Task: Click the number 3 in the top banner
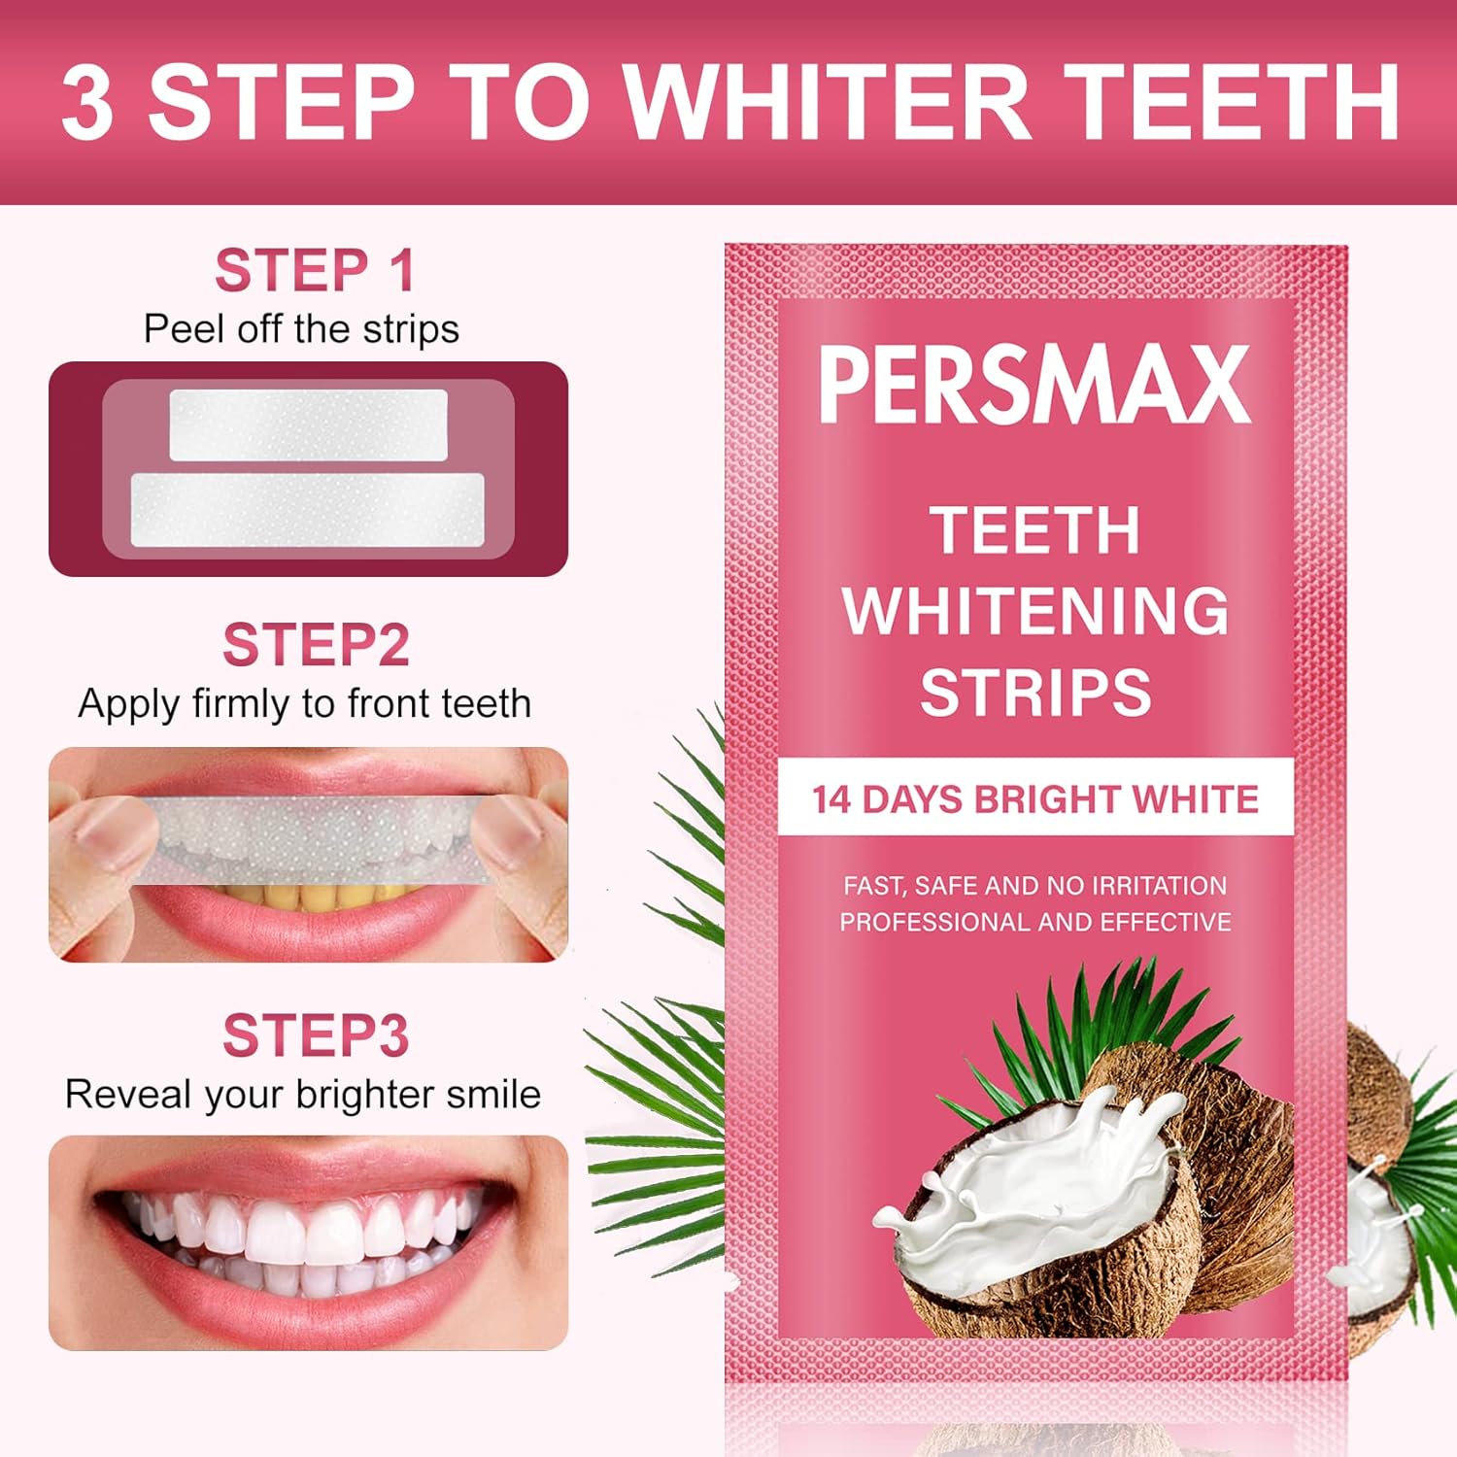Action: (87, 102)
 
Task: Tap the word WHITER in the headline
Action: (825, 102)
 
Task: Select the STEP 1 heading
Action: (315, 270)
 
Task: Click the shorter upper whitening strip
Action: (308, 424)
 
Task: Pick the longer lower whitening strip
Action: (307, 510)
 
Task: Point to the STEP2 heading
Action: (315, 645)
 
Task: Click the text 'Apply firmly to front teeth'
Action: (304, 703)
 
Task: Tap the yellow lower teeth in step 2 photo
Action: (291, 896)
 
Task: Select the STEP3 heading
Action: (315, 1035)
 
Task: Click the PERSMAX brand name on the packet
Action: (1034, 385)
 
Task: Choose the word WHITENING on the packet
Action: (1035, 611)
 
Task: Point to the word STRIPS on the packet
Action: (1035, 693)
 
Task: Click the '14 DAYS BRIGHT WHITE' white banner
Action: (1035, 798)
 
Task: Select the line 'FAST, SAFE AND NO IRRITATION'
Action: (1035, 885)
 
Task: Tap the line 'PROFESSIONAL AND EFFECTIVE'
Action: (1035, 922)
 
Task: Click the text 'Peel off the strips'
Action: (301, 329)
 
